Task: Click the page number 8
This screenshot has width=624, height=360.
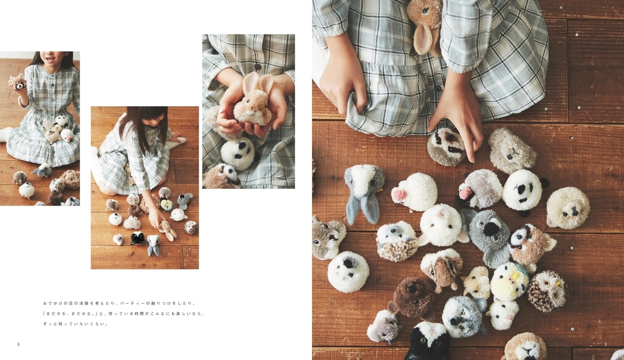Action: pyautogui.click(x=18, y=344)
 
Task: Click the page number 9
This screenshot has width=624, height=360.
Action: pyautogui.click(x=605, y=344)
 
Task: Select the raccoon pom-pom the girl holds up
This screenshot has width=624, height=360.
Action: pyautogui.click(x=18, y=82)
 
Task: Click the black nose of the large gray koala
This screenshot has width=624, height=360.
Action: pyautogui.click(x=491, y=228)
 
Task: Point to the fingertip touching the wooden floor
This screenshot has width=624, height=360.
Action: pyautogui.click(x=472, y=160)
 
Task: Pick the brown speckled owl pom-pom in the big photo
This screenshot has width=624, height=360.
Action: pyautogui.click(x=548, y=291)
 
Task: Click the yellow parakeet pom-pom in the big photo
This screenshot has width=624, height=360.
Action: pyautogui.click(x=509, y=281)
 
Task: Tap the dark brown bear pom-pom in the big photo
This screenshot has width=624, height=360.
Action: pyautogui.click(x=412, y=298)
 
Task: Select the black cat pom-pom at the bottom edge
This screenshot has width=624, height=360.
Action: pyautogui.click(x=427, y=342)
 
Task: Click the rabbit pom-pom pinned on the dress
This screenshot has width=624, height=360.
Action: pyautogui.click(x=424, y=25)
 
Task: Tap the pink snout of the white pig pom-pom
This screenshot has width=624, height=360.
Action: pyautogui.click(x=399, y=195)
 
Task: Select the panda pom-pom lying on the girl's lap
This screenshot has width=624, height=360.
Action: pyautogui.click(x=238, y=153)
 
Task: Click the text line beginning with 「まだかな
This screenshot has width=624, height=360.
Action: pyautogui.click(x=124, y=314)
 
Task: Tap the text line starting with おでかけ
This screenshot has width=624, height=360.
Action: pyautogui.click(x=120, y=303)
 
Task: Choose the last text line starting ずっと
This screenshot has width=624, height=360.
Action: pyautogui.click(x=75, y=324)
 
